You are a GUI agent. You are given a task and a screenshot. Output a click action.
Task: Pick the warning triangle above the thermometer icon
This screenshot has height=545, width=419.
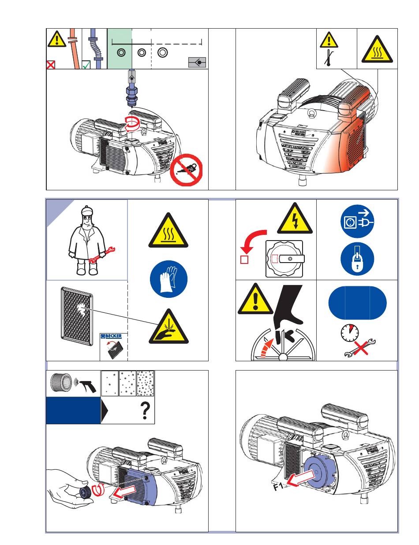coord(329,41)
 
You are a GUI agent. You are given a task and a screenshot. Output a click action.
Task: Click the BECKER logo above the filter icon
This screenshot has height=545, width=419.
coord(110,336)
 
